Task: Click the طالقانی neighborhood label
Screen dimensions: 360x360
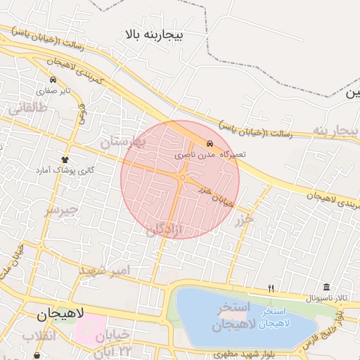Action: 27,108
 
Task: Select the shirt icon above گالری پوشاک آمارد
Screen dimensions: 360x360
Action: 65,160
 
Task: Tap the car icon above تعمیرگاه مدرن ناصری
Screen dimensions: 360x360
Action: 209,143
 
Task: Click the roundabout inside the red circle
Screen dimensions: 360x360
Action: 182,178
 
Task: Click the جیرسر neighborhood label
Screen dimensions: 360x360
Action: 60,209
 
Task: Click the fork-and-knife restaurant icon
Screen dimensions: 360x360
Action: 271,288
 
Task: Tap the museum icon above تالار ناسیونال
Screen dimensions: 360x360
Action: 326,287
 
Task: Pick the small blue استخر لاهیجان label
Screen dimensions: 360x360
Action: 272,317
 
